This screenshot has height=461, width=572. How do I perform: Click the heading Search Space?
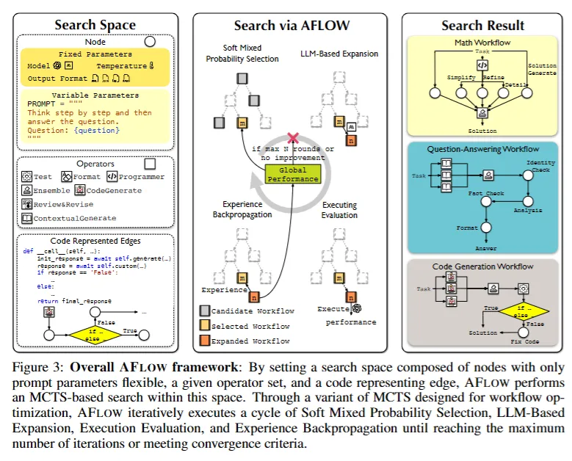click(95, 25)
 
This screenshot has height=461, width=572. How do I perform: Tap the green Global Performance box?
click(293, 174)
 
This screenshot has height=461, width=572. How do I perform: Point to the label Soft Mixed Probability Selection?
click(242, 54)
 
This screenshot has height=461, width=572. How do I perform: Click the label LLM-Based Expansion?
click(339, 54)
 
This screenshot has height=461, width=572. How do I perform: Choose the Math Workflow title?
click(482, 43)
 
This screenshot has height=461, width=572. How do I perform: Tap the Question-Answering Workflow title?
click(481, 149)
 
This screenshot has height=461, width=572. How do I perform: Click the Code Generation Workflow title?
click(482, 266)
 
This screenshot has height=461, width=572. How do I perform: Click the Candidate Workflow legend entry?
click(250, 311)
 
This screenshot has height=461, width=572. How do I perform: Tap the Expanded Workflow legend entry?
click(250, 341)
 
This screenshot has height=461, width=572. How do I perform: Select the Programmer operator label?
click(142, 177)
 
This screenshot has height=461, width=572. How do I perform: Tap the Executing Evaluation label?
click(339, 210)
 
